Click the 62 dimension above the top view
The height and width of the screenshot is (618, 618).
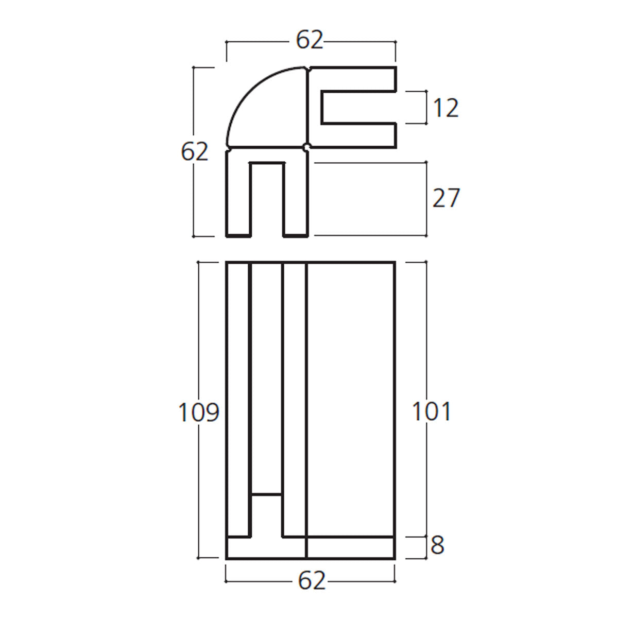[309, 40]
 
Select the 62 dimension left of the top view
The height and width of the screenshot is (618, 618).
[194, 152]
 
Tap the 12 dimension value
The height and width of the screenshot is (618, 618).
[446, 108]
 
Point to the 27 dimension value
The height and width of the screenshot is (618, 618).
[446, 198]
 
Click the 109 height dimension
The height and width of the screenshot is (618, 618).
[199, 412]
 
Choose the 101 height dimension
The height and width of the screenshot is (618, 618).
[432, 411]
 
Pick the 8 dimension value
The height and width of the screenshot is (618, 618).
[437, 545]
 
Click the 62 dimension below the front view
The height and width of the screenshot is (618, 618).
[312, 580]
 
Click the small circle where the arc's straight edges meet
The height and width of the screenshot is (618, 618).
[306, 147]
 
